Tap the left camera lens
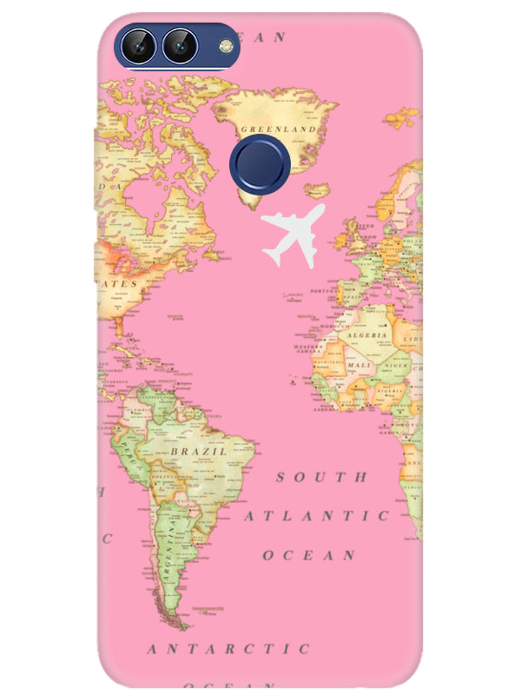[139, 45]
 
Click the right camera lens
[180, 45]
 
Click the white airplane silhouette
[293, 234]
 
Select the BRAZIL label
[198, 453]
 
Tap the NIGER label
[396, 366]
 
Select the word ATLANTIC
[316, 516]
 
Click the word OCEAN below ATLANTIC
[309, 554]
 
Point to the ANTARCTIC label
[228, 649]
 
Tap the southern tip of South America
[181, 624]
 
